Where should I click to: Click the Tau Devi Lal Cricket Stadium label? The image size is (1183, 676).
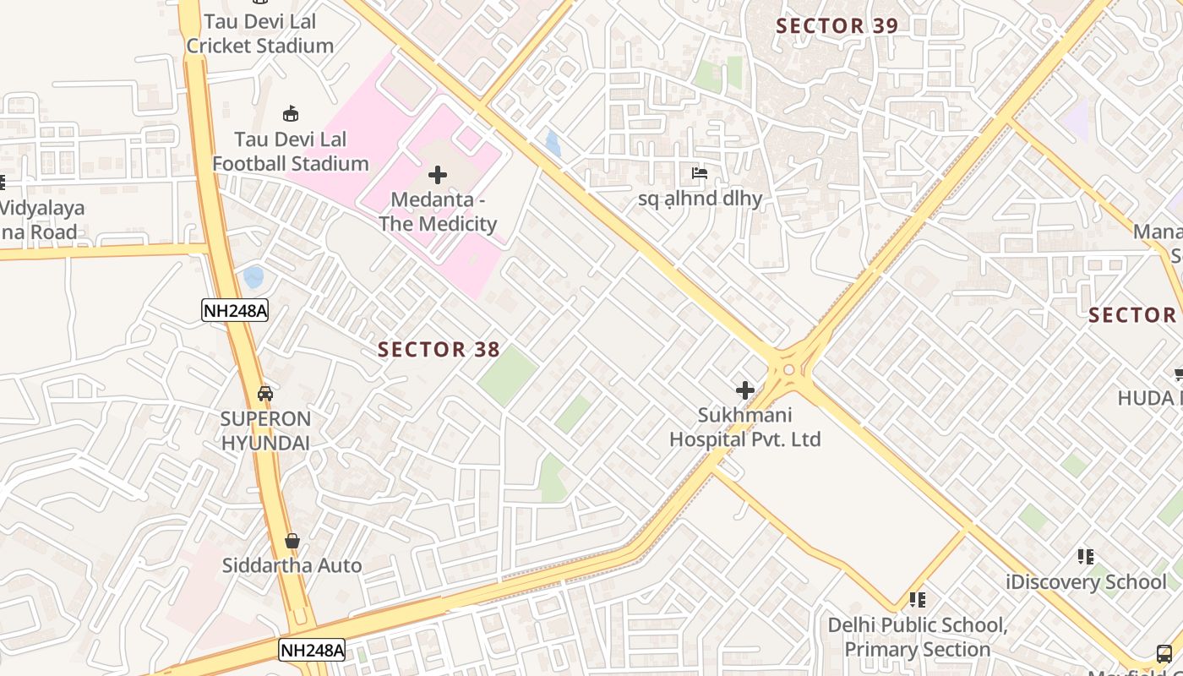(x=259, y=34)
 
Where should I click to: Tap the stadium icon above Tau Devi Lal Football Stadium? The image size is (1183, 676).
(x=291, y=113)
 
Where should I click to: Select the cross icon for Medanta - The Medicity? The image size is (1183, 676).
(x=438, y=175)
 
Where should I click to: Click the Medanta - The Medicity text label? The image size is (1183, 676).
(x=438, y=212)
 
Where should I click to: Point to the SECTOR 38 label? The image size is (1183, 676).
(x=439, y=349)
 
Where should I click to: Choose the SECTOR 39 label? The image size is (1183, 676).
(x=837, y=25)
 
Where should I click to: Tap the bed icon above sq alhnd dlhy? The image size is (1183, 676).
(x=700, y=174)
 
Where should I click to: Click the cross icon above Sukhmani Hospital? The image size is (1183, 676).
(x=744, y=390)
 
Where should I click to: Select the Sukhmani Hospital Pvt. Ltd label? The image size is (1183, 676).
(x=744, y=428)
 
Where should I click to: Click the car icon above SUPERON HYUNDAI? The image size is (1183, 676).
(x=265, y=394)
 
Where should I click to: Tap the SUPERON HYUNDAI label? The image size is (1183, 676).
(x=265, y=430)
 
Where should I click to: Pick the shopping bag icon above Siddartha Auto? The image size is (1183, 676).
(x=292, y=541)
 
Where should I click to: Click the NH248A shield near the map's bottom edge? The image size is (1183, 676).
(x=312, y=650)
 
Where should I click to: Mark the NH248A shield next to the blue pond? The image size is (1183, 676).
(x=235, y=310)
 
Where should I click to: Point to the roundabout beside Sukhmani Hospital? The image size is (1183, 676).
(x=788, y=369)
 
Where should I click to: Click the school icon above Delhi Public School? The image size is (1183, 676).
(x=917, y=600)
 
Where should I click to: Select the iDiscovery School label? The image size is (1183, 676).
(x=1086, y=581)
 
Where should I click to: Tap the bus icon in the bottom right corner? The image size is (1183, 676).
(x=1164, y=653)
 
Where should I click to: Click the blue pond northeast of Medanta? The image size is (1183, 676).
(x=553, y=144)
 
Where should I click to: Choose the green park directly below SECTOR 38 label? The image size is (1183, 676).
(x=507, y=376)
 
